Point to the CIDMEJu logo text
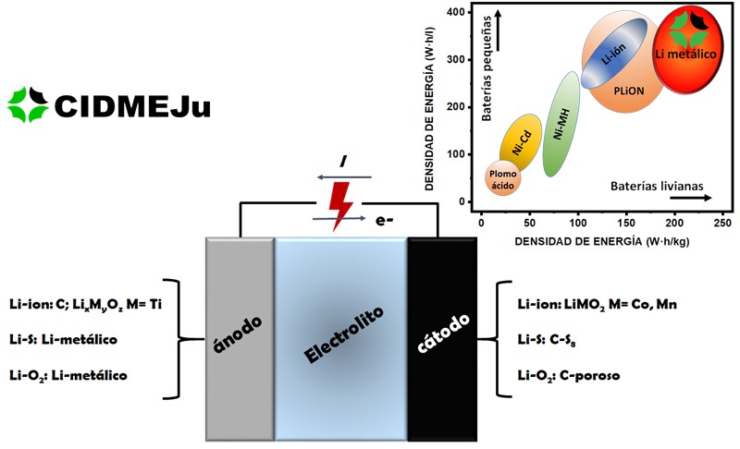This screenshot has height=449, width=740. (133, 105)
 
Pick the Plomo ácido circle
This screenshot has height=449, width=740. (504, 178)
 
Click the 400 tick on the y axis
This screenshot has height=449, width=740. (453, 13)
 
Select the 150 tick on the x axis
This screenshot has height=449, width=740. (625, 224)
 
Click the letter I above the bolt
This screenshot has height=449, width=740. (343, 163)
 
